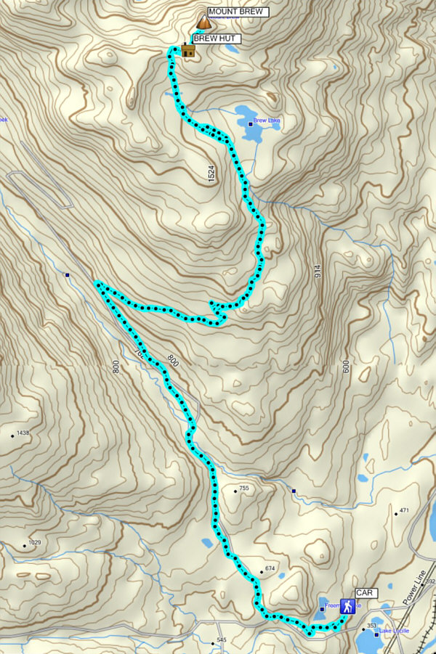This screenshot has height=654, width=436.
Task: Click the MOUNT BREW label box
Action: [x=238, y=12]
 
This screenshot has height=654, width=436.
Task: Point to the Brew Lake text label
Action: [x=266, y=120]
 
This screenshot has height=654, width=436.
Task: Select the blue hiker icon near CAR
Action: [x=349, y=607]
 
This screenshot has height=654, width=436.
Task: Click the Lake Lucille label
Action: [x=395, y=631]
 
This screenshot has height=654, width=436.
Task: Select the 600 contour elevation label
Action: [x=346, y=367]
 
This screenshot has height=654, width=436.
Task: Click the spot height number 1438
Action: [x=24, y=433]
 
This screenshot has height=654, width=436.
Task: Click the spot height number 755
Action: [x=244, y=489]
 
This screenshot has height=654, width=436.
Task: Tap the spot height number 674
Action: [x=271, y=568]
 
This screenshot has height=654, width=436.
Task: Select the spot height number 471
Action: [x=405, y=511]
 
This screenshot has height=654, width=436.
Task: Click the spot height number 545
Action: [x=222, y=639]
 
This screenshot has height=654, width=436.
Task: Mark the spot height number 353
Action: [x=373, y=626]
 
